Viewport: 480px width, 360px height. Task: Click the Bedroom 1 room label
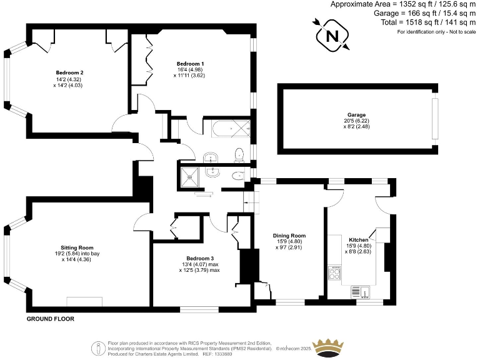(x=190, y=63)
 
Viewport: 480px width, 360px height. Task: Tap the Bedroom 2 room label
(x=69, y=72)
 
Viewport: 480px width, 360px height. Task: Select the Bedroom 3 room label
(x=200, y=258)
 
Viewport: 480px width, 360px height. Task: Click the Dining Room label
(x=289, y=235)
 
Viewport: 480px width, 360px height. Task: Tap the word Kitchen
(x=359, y=240)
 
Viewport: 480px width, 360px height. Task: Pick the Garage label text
(x=357, y=115)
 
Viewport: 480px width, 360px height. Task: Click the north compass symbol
(x=331, y=35)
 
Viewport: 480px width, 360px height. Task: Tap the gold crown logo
(x=329, y=347)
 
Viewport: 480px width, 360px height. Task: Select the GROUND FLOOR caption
(x=50, y=319)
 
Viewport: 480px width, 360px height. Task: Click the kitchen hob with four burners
(x=334, y=273)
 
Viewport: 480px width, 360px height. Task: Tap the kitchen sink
(x=361, y=291)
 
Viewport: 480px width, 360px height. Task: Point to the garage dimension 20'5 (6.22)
(x=357, y=121)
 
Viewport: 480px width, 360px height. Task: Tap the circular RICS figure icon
(x=97, y=347)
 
